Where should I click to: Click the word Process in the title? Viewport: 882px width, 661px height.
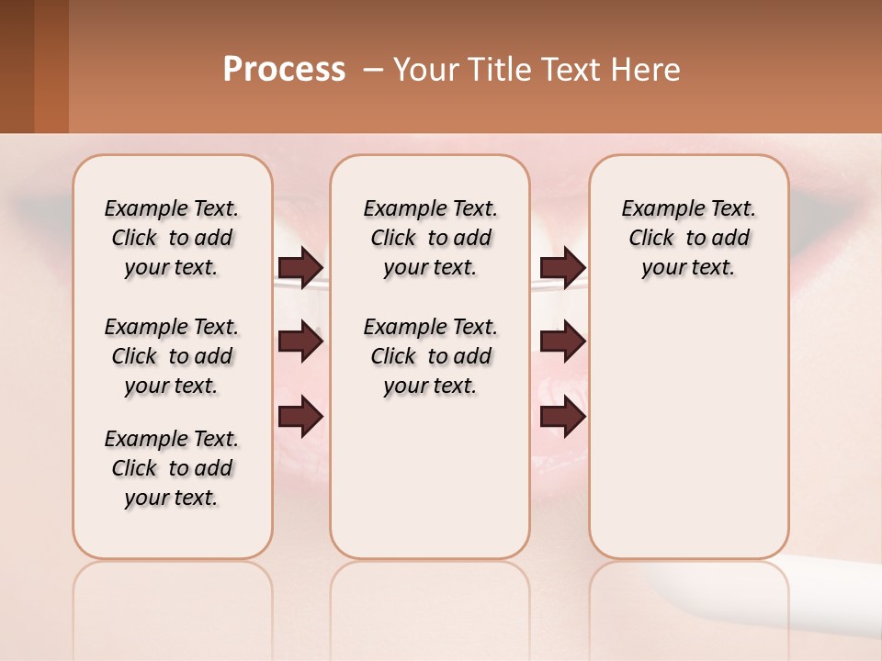tap(284, 69)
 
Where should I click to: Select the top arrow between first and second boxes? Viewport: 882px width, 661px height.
tap(300, 267)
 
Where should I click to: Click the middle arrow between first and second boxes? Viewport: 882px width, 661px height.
tap(300, 342)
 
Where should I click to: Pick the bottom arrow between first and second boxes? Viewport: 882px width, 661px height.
tap(300, 418)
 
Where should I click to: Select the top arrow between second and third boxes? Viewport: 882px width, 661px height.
tap(562, 267)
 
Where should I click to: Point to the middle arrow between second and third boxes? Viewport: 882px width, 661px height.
tap(562, 342)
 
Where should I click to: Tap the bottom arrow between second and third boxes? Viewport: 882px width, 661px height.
tap(562, 418)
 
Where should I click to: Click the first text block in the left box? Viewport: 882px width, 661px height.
tap(172, 238)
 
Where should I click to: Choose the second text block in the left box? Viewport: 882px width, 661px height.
tap(172, 356)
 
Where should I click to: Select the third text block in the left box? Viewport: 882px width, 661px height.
tap(172, 468)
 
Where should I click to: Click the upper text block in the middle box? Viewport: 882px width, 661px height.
tap(430, 238)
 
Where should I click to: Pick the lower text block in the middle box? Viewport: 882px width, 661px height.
tap(430, 356)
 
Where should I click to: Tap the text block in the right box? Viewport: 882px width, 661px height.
tap(689, 238)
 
